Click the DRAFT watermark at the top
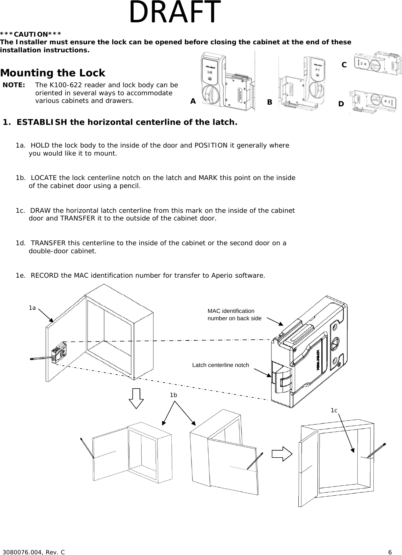click(175, 12)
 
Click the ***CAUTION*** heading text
click(31, 34)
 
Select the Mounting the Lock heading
click(53, 73)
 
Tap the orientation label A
click(193, 101)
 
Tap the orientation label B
click(269, 102)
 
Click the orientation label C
click(344, 65)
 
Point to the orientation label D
click(341, 104)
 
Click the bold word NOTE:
click(14, 85)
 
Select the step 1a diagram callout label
click(32, 308)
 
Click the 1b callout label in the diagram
click(173, 395)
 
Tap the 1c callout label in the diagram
click(334, 410)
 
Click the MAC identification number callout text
click(234, 315)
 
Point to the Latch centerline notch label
click(221, 365)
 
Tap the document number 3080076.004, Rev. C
click(33, 552)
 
